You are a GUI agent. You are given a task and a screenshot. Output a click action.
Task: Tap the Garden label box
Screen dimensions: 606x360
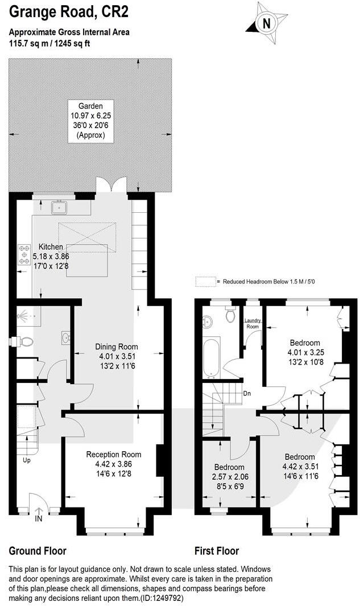[90, 120]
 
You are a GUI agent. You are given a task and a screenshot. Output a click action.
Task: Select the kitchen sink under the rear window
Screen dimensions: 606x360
[59, 207]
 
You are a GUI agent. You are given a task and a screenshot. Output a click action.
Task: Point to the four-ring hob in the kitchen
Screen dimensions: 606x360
[25, 254]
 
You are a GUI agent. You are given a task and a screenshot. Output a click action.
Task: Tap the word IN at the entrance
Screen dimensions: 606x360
[38, 519]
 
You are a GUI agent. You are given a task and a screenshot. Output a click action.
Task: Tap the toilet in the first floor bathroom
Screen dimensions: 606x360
[230, 314]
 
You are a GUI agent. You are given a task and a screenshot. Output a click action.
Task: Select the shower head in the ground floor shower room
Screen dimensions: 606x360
[22, 314]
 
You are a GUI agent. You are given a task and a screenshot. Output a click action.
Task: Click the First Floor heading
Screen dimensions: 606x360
[217, 551]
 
